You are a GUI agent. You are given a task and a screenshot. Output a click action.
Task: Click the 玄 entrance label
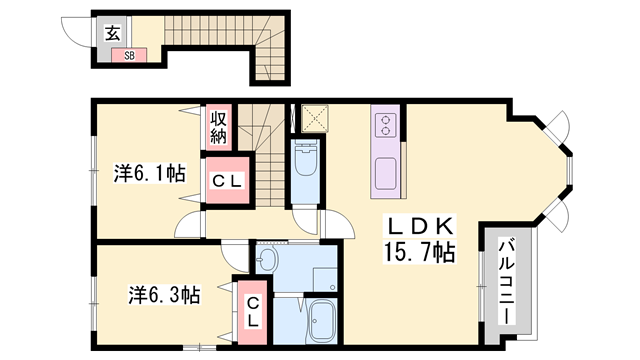113,33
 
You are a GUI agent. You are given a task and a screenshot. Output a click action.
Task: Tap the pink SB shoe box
129,55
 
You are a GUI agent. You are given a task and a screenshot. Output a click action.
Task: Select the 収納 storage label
218,127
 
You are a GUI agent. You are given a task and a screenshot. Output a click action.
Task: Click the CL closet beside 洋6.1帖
228,180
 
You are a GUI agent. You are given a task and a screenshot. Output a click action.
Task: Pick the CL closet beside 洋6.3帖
253,313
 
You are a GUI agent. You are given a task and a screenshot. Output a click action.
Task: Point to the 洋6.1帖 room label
149,173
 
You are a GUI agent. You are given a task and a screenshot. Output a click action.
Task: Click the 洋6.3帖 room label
164,295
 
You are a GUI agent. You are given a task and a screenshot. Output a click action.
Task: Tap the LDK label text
420,227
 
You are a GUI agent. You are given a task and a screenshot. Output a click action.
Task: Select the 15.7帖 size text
419,252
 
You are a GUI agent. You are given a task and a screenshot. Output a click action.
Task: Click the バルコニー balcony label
507,282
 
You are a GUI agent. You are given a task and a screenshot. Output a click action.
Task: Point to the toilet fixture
304,157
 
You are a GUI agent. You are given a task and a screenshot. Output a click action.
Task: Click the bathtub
322,321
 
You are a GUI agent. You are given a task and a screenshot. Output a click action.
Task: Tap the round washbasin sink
267,260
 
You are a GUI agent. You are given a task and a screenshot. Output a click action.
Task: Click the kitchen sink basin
386,174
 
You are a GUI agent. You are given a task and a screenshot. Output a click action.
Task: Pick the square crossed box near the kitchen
315,118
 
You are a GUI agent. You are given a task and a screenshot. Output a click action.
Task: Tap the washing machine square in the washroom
325,280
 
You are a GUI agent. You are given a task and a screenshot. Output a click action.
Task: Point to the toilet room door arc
304,223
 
